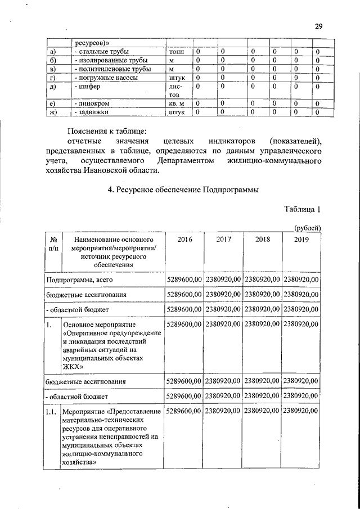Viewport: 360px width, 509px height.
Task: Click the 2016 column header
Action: click(x=184, y=240)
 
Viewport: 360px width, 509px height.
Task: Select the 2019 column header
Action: click(x=301, y=240)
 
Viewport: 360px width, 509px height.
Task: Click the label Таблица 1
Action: click(x=302, y=210)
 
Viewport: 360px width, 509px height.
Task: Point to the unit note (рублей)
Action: click(x=307, y=228)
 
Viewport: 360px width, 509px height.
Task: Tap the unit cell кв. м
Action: click(x=177, y=104)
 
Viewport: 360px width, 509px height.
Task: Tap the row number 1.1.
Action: click(x=52, y=412)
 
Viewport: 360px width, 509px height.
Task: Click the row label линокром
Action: click(x=93, y=104)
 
